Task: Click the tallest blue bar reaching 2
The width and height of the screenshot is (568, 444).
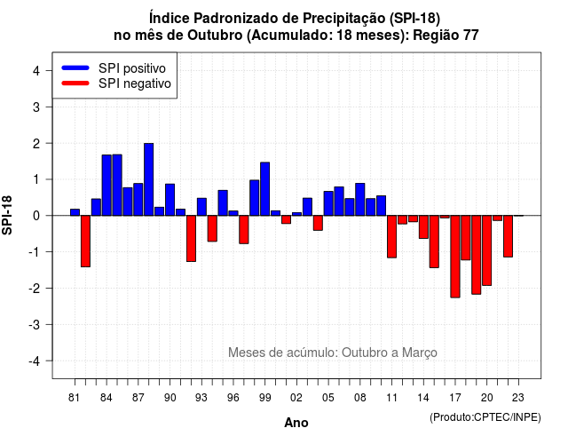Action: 148,179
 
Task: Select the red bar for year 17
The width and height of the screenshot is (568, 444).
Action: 455,257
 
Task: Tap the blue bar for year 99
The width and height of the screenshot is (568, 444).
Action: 264,189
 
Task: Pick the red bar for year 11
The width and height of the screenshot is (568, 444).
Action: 391,237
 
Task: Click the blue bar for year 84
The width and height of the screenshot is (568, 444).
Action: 106,186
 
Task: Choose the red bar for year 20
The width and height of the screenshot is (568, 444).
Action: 487,250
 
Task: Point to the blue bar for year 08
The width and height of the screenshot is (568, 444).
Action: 360,199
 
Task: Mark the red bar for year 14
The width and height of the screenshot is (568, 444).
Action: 423,227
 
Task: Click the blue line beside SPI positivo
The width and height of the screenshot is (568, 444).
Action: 75,67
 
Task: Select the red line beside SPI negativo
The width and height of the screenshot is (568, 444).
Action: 75,83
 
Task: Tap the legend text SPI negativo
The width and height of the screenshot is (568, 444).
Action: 135,83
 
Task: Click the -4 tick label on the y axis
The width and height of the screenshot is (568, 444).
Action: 35,361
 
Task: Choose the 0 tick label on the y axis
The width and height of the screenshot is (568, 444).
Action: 36,216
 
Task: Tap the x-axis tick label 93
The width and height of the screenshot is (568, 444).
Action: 201,398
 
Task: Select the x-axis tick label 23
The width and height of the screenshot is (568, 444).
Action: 518,398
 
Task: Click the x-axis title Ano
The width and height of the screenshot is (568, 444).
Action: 296,423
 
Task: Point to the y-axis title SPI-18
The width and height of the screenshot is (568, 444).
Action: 7,215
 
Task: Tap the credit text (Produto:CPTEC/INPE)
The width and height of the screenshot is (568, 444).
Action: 485,417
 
